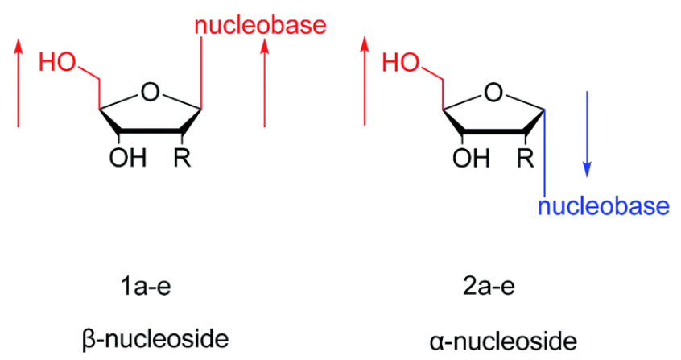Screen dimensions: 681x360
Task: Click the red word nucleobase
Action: (x=260, y=26)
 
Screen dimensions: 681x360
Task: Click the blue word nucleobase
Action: (x=604, y=206)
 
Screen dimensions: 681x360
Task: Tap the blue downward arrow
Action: (x=587, y=134)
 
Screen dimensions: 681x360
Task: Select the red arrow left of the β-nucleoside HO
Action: (x=19, y=83)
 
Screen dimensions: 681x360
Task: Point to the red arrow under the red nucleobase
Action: (x=265, y=83)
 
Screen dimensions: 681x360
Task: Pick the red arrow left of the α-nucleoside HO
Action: (x=365, y=81)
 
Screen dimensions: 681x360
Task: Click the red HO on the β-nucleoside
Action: (x=57, y=63)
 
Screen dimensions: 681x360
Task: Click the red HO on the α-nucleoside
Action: (x=401, y=63)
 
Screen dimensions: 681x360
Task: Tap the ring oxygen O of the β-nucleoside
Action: (x=151, y=93)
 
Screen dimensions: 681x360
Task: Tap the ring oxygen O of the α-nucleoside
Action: (x=493, y=93)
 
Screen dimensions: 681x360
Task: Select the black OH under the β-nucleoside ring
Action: (x=128, y=158)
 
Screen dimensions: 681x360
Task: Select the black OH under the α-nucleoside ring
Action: (x=471, y=158)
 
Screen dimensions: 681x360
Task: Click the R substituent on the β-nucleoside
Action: (x=182, y=158)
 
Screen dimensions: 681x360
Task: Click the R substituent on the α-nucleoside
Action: (x=526, y=158)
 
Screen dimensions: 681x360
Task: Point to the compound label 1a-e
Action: (x=146, y=287)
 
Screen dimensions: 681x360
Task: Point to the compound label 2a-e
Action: (x=489, y=287)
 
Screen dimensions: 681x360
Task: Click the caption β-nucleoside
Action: (x=155, y=339)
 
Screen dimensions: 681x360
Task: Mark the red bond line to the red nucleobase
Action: (x=201, y=72)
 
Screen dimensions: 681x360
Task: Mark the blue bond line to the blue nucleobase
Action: (x=545, y=153)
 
